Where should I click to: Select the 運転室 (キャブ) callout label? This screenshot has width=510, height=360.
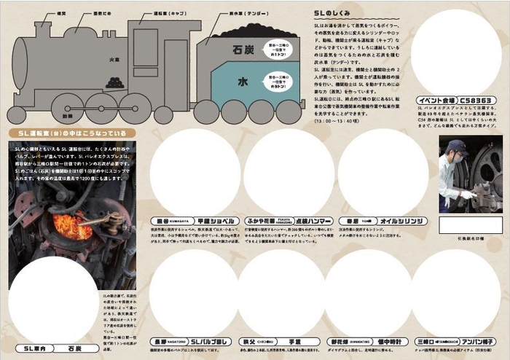tap(171, 13)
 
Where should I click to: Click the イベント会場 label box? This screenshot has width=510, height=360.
tap(437, 101)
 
